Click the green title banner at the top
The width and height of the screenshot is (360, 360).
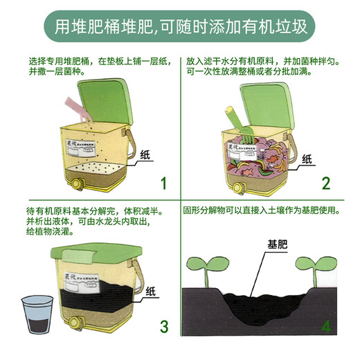coord(179,26)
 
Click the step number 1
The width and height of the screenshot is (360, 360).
coord(163,183)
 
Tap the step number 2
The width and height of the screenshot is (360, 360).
coord(325,183)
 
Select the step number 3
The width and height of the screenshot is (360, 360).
coord(163,326)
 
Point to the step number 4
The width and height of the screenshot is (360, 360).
coord(325,325)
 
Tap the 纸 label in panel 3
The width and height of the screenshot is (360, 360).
coord(150,291)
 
